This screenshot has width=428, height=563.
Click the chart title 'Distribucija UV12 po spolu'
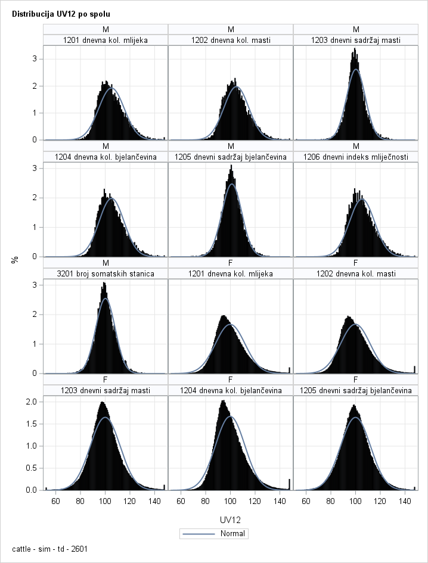pyautogui.click(x=61, y=13)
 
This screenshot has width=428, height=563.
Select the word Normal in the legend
pyautogui.click(x=233, y=534)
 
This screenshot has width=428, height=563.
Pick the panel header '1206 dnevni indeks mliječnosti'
pyautogui.click(x=356, y=157)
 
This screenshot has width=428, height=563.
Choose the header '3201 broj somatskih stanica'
pyautogui.click(x=106, y=273)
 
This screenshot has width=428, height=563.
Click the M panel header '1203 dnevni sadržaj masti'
pyautogui.click(x=356, y=41)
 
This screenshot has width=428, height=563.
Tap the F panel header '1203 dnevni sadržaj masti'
pyautogui.click(x=106, y=390)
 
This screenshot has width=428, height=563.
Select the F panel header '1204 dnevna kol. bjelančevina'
pyautogui.click(x=231, y=390)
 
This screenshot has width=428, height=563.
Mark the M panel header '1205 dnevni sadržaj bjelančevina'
pyautogui.click(x=231, y=157)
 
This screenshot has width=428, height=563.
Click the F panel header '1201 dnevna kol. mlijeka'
pyautogui.click(x=231, y=273)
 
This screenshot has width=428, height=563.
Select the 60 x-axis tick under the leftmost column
pyautogui.click(x=55, y=501)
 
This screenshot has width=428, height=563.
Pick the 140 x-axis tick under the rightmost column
pyautogui.click(x=406, y=501)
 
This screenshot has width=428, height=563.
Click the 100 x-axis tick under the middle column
pyautogui.click(x=231, y=501)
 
